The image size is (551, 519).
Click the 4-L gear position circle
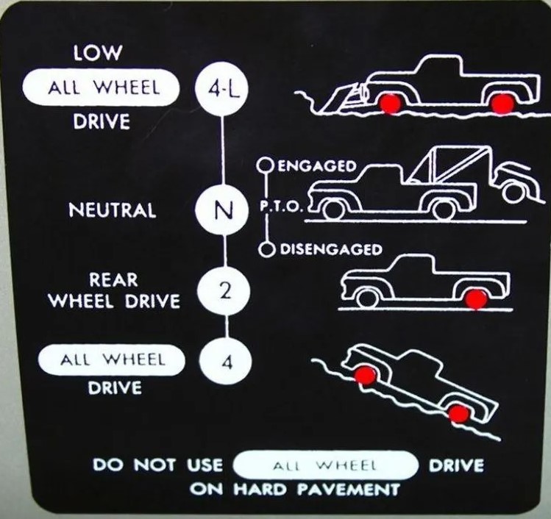(221, 89)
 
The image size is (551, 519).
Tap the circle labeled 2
(224, 292)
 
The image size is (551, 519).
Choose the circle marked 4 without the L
(226, 362)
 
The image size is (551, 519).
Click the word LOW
(97, 52)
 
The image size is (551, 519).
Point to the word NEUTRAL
(113, 210)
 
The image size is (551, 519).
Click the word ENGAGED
(317, 166)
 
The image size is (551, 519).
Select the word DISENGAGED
(330, 249)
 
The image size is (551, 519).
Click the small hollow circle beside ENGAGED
(266, 165)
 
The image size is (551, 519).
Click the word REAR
(113, 280)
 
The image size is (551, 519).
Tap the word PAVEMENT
(349, 489)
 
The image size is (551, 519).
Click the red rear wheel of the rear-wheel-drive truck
(476, 298)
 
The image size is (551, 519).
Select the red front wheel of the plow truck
(390, 103)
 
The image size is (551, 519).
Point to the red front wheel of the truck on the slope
(364, 375)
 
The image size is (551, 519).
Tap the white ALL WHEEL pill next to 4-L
(101, 87)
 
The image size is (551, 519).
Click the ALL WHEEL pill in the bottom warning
(325, 465)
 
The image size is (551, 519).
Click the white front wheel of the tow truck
(333, 209)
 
